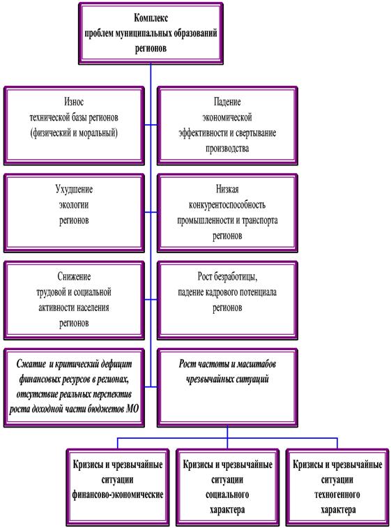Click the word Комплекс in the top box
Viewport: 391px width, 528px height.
click(x=151, y=18)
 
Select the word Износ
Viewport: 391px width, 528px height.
click(x=74, y=102)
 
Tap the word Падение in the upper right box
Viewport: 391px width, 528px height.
click(x=227, y=102)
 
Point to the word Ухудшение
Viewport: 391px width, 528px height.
click(x=74, y=189)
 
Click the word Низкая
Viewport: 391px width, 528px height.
click(x=227, y=189)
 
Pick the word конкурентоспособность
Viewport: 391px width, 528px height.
click(x=227, y=205)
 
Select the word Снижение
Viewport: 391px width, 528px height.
click(x=74, y=276)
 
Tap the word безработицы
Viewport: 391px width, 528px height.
click(x=236, y=276)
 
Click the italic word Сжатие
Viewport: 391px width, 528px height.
click(x=31, y=364)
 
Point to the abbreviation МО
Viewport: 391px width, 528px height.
click(x=132, y=409)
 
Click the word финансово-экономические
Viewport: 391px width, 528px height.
click(x=118, y=495)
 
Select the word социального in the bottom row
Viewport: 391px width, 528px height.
click(x=227, y=495)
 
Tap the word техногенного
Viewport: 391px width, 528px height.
click(x=337, y=495)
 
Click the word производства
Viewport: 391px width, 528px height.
click(x=227, y=149)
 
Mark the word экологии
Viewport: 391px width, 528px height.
click(x=74, y=205)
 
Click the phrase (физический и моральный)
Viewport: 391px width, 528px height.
click(x=74, y=133)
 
